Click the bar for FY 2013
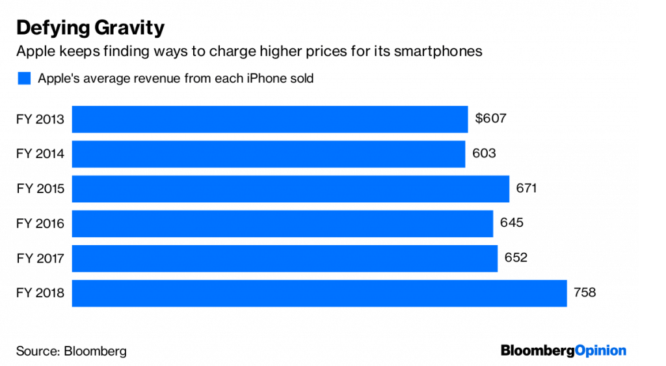pos(269,119)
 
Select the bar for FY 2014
pos(268,154)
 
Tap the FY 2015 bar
pos(290,189)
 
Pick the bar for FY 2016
pos(282,224)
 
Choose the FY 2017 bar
pos(284,258)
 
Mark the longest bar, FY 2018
pos(319,293)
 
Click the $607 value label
pos(490,119)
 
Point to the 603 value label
pos(485,154)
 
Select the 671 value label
pos(526,189)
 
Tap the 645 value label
pos(511,224)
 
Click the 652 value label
pos(516,258)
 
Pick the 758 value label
pos(584,293)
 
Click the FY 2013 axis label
pos(40,119)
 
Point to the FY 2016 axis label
pos(40,224)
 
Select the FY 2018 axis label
pos(40,293)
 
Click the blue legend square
pos(24,79)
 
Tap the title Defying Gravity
pos(90,28)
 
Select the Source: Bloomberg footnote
pos(72,351)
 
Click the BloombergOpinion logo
pos(563,351)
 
